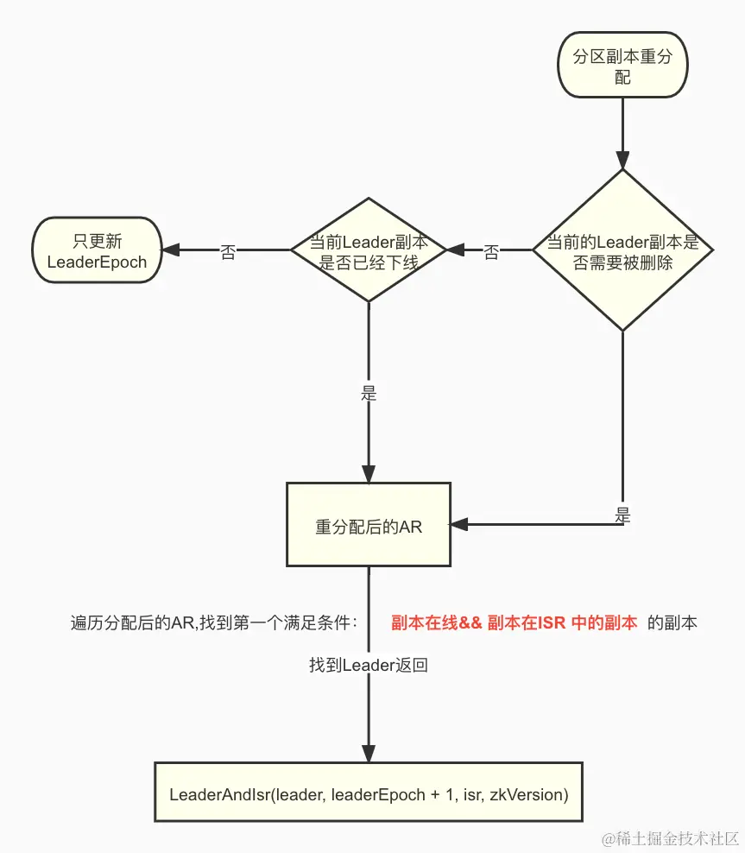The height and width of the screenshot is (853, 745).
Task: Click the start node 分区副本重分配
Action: tap(622, 66)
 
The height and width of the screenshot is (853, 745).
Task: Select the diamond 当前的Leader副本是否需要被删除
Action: tap(622, 251)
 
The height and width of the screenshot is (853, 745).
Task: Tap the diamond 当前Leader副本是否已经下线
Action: tap(369, 251)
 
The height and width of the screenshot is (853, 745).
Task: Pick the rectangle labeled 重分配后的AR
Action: tap(369, 526)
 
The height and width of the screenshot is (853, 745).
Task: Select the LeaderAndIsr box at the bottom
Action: tap(369, 793)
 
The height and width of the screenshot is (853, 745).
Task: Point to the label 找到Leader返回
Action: tap(369, 665)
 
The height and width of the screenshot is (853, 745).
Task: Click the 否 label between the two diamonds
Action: tap(491, 251)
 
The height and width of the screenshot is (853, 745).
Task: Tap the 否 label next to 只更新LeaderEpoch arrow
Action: tap(228, 251)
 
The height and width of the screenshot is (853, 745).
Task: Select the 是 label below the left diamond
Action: tap(369, 393)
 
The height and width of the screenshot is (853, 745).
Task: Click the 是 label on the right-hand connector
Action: tap(622, 515)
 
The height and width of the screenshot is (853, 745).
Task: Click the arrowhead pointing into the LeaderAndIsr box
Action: tap(369, 753)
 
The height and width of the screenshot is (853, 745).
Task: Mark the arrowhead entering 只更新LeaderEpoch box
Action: tap(171, 250)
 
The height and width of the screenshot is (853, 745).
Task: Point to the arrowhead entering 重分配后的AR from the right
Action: tap(459, 524)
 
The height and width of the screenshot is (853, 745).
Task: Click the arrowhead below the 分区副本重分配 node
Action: tap(622, 160)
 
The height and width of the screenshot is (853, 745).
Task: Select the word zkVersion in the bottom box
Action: tap(527, 793)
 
